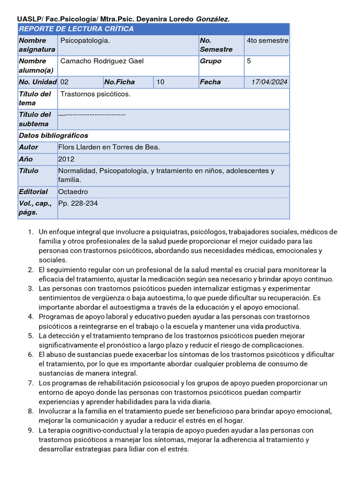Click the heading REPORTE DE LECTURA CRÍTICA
[76, 29]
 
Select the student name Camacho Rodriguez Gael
[102, 61]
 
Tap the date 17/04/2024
[269, 82]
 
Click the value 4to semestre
[267, 40]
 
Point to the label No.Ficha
[120, 82]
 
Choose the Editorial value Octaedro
[73, 192]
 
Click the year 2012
[66, 159]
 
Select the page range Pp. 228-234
[78, 203]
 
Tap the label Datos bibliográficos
[53, 135]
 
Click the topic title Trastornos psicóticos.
[96, 94]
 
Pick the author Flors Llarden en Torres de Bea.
[109, 147]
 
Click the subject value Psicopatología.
[85, 41]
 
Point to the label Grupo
[210, 61]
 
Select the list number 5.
[30, 336]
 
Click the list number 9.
[30, 430]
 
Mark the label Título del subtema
[35, 119]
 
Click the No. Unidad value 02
[65, 82]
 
